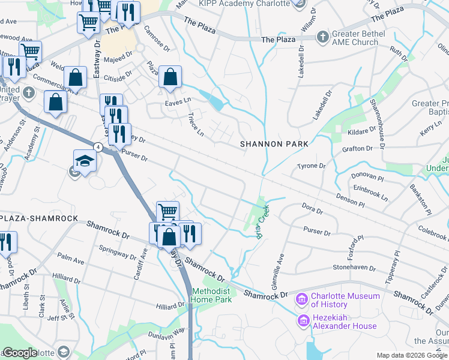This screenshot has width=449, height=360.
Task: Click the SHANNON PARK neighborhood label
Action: pos(274,144)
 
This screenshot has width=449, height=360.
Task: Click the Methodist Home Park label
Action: pos(211,295)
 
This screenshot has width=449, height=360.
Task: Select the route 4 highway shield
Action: pos(97,146)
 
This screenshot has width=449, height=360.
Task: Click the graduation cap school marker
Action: pos(85,161)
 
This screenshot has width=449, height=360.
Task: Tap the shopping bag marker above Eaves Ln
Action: pos(170,77)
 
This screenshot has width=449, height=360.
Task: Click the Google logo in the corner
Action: pos(20,353)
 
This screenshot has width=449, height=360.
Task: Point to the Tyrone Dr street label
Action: pos(312,166)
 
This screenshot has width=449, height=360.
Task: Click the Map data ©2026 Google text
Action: pos(411,355)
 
